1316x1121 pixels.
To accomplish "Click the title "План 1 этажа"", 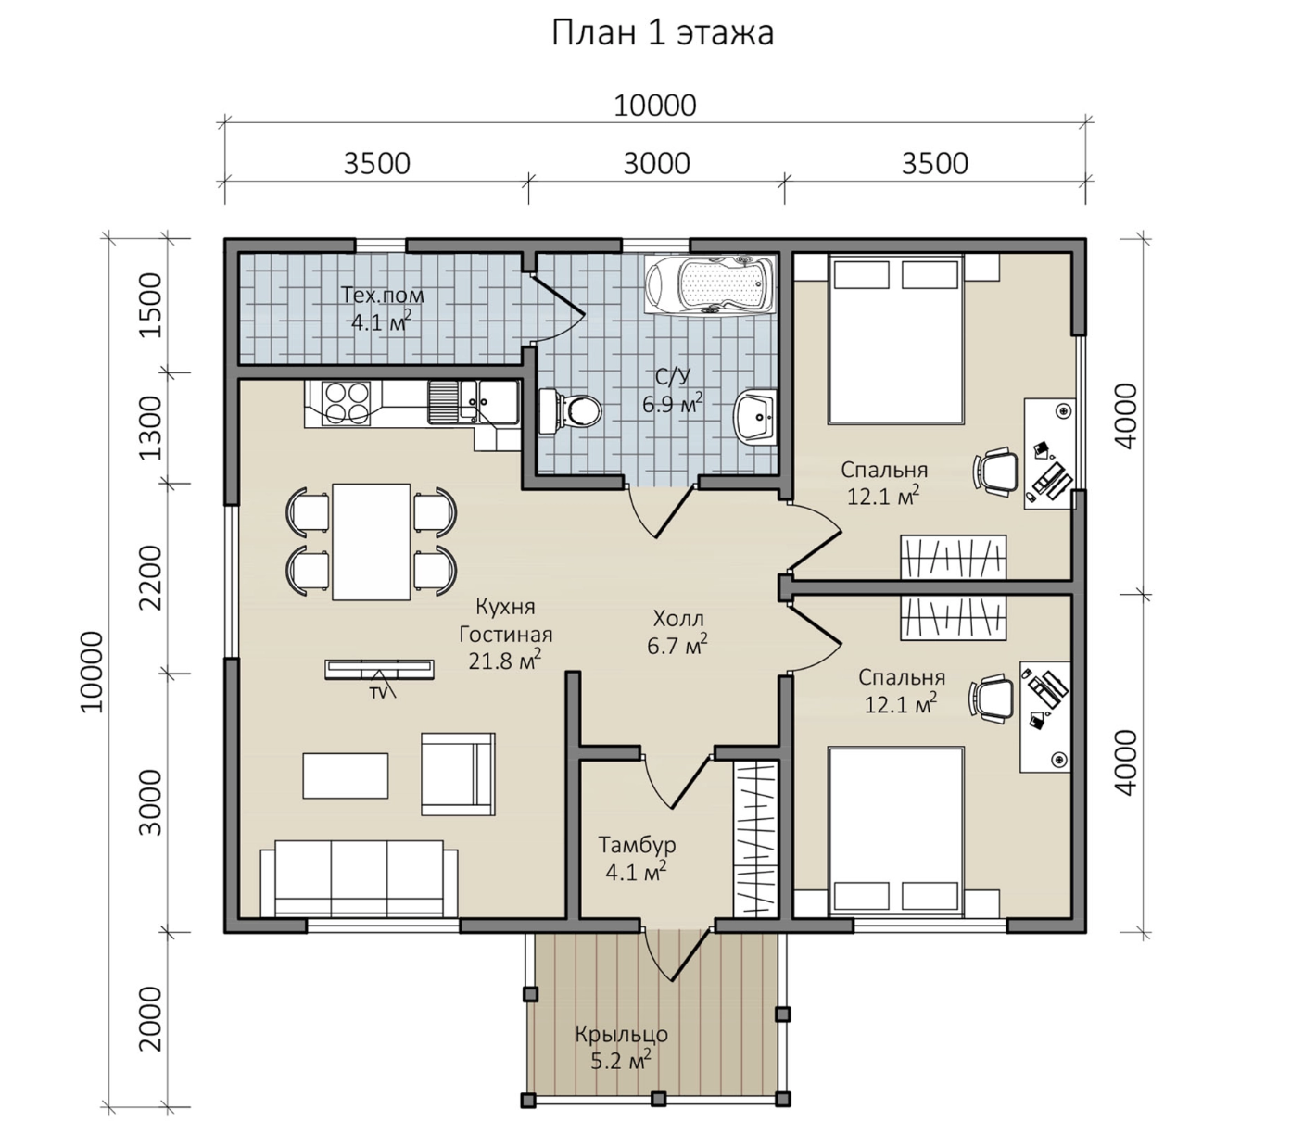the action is [x=662, y=33].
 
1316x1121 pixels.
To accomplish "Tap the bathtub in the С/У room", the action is [x=711, y=283].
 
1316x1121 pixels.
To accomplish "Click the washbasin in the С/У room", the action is [x=755, y=416].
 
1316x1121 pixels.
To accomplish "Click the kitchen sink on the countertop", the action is [x=474, y=402].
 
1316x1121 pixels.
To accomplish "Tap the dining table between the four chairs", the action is [x=372, y=542].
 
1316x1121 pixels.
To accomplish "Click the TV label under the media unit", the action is [x=379, y=694].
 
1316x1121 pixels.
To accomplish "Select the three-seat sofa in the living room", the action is [x=359, y=878].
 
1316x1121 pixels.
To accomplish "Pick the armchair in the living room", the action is [x=458, y=774].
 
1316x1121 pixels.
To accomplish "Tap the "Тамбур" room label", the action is [x=637, y=845].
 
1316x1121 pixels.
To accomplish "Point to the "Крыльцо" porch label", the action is [x=621, y=1034].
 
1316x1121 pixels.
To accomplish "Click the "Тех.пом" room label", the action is [x=383, y=296].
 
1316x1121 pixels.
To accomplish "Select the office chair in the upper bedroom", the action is [x=995, y=470].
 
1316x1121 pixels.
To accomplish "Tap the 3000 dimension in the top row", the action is [x=656, y=164].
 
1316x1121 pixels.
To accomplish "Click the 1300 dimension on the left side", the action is [x=152, y=428].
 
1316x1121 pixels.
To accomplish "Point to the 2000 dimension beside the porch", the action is [x=152, y=1018].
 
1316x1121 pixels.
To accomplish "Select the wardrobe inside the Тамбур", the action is [x=755, y=838].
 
